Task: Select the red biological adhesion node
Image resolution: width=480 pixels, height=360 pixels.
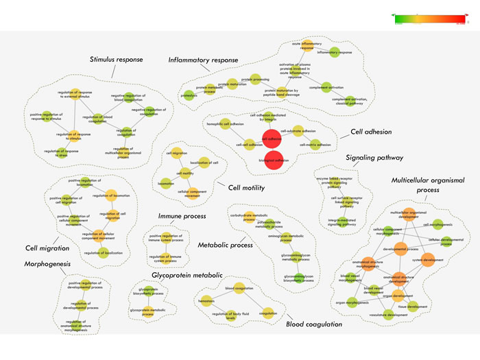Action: point(274,160)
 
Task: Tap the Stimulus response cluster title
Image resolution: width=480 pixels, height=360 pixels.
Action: point(116,59)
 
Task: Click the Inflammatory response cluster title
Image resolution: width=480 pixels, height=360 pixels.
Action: point(203,60)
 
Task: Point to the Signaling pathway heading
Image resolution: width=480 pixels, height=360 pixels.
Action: point(374,157)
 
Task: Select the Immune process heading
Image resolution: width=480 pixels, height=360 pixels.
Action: point(182,216)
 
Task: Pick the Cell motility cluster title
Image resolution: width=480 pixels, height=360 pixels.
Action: point(245,187)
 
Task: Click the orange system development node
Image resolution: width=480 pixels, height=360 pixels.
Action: point(428,259)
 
